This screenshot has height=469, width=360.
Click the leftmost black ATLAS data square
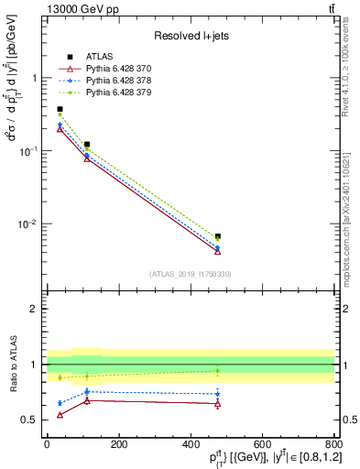point(60,109)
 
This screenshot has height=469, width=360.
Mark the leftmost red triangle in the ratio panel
point(60,415)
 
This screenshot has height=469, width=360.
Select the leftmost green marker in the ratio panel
point(60,377)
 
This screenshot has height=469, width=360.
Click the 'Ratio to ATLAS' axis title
point(12,364)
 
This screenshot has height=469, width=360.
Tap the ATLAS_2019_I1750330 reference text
point(191,273)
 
